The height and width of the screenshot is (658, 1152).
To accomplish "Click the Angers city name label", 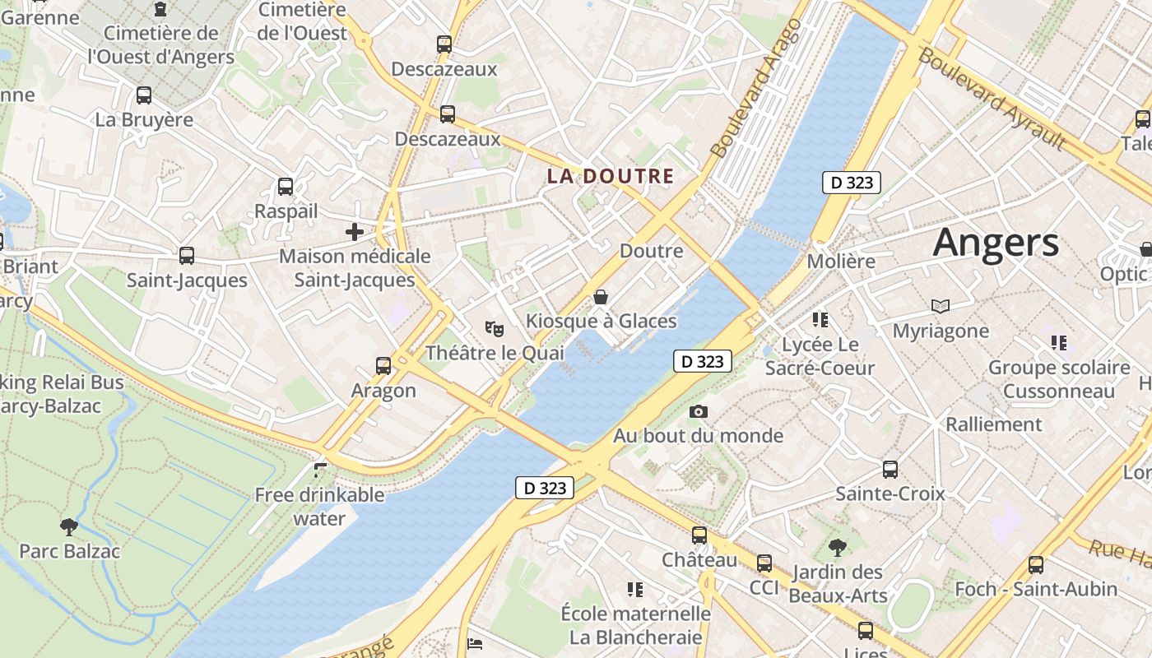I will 996,242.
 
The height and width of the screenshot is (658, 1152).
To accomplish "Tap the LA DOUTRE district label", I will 611,176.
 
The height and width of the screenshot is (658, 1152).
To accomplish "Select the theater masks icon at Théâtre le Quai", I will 495,329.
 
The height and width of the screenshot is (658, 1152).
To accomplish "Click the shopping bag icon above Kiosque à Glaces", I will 601,297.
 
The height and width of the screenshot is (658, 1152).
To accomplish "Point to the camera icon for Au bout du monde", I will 699,411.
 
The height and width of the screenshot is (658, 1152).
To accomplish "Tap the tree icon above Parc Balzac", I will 69,526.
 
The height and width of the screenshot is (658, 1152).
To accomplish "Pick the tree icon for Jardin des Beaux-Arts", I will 838,547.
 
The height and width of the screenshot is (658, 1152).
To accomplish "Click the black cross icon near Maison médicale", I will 355,232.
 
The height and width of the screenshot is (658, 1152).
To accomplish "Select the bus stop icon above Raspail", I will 286,187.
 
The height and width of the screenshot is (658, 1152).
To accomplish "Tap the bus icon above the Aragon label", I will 383,366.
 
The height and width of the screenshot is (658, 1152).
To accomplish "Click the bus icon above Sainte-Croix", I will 890,470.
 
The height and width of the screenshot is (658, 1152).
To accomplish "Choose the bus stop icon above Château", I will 699,535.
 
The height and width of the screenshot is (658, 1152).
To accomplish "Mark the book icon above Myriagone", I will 941,307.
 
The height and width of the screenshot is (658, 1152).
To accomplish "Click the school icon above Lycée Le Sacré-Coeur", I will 820,320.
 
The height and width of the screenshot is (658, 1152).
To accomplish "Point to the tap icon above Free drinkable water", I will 320,470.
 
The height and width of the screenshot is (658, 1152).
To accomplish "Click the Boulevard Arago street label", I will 755,89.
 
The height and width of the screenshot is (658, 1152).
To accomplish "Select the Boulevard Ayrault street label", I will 992,100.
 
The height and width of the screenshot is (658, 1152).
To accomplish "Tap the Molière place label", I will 841,262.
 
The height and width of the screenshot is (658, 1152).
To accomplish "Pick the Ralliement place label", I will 994,424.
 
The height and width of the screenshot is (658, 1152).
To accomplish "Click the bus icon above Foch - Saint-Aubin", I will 1036,565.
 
